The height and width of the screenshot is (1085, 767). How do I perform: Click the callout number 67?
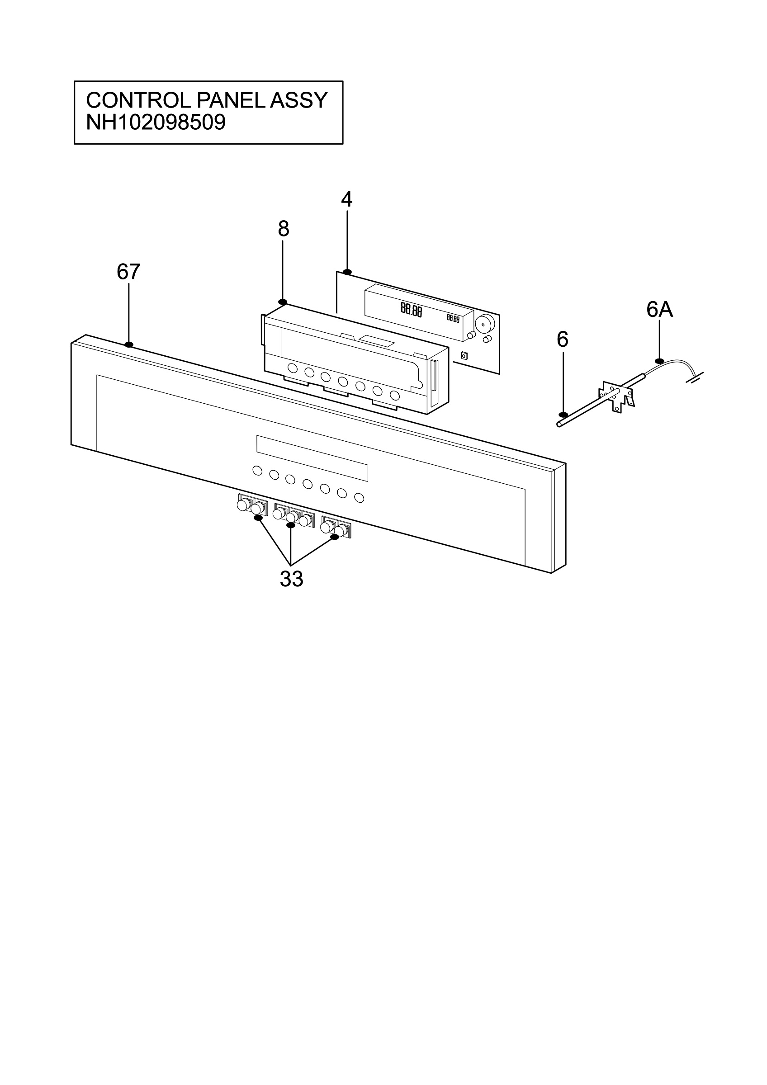tap(128, 272)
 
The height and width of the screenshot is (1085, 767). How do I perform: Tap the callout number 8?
tap(283, 229)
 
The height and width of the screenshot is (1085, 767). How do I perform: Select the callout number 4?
tap(347, 200)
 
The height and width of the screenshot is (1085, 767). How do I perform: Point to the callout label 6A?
tap(660, 310)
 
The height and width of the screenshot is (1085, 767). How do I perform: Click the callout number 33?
tap(291, 579)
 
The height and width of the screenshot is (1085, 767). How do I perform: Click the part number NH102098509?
tap(156, 123)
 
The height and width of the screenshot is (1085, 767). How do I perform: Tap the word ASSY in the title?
tap(298, 100)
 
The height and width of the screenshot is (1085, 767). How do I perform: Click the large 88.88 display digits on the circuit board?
tap(411, 310)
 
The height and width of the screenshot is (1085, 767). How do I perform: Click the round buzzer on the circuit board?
tap(485, 324)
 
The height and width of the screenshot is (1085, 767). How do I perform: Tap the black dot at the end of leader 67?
tap(128, 344)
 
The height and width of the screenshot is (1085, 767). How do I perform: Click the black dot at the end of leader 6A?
tap(660, 362)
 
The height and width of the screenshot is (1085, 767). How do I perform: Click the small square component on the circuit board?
tap(464, 355)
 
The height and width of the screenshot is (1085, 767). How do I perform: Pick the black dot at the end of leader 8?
tap(283, 302)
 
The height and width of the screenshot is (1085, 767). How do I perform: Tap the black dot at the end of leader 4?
tap(347, 272)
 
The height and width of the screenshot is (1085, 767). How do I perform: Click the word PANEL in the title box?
tap(230, 100)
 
